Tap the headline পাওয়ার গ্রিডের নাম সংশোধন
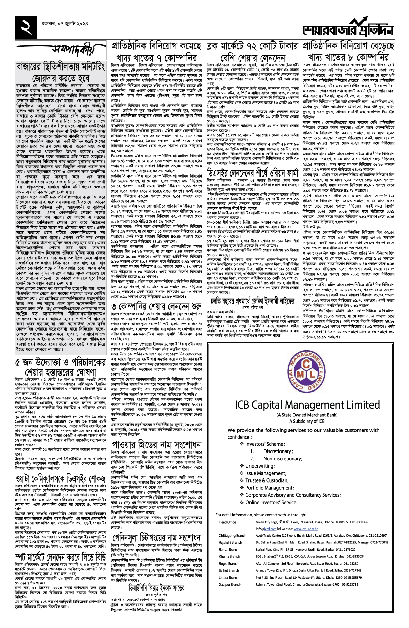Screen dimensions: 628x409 (156, 445)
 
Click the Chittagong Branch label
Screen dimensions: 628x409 (232, 535)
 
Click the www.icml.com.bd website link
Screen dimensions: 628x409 (306, 529)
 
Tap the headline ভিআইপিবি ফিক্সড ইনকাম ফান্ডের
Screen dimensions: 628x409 (156, 588)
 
